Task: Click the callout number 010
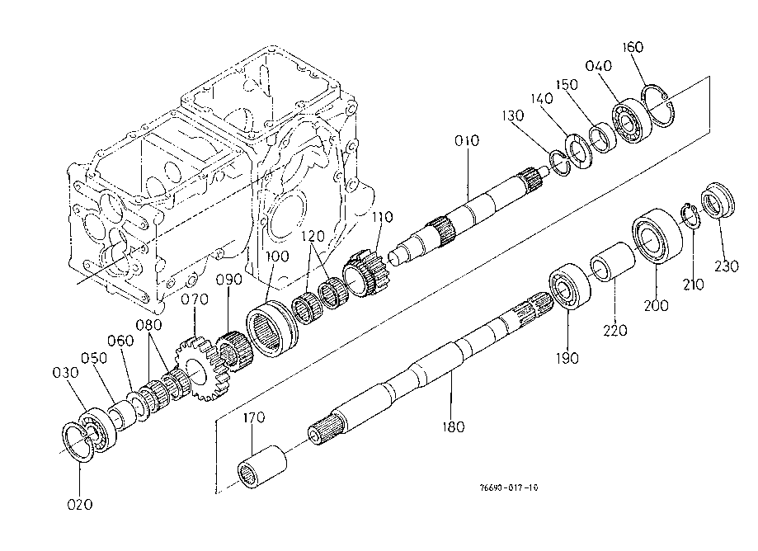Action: pos(467,141)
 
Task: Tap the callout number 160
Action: pos(633,47)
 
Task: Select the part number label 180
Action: pos(453,426)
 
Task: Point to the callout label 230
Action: pos(727,266)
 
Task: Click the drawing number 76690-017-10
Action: pos(509,487)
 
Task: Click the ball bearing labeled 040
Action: pos(631,120)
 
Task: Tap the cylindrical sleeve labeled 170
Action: pos(262,467)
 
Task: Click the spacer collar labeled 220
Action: pos(612,261)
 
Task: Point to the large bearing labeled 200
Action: pos(657,236)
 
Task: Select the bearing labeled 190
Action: pos(570,285)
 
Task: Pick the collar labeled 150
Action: pos(602,139)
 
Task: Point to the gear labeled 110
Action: pos(366,274)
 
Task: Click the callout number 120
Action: pos(313,237)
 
